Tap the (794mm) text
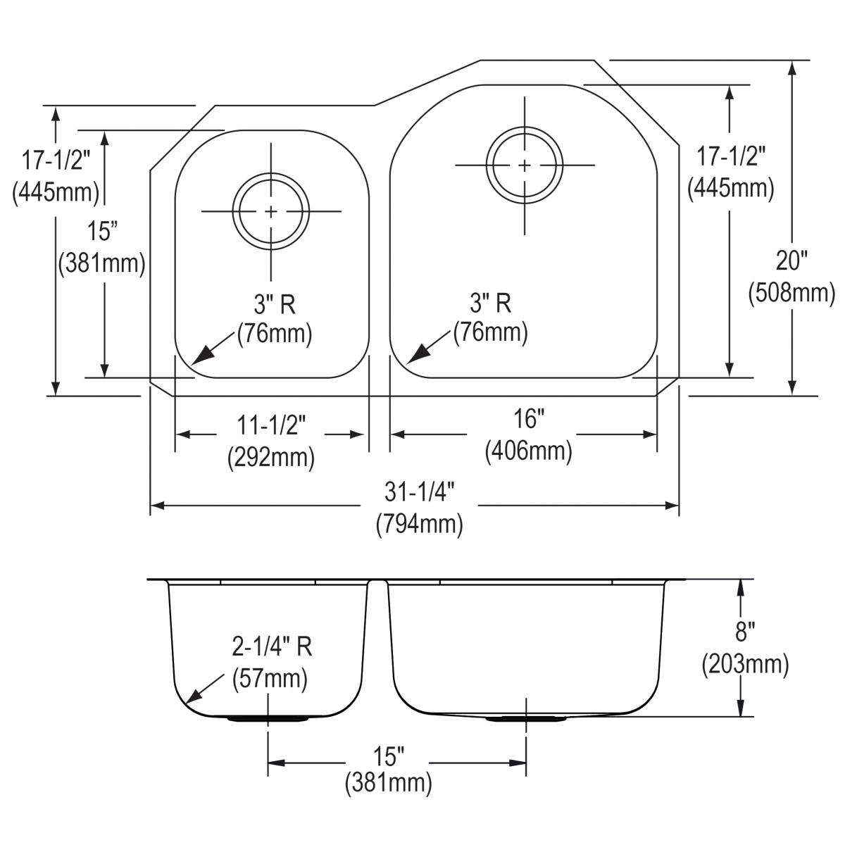[x=420, y=523]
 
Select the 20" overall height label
[x=791, y=261]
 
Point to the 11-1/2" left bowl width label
[x=271, y=425]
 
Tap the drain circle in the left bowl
[x=271, y=211]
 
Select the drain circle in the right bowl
[x=525, y=165]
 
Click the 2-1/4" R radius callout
[x=272, y=646]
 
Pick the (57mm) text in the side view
[x=270, y=678]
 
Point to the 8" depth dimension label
[x=745, y=632]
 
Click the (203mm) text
[x=745, y=663]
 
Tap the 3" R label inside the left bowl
[x=275, y=304]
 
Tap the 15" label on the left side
[x=101, y=230]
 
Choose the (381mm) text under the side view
[x=388, y=782]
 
